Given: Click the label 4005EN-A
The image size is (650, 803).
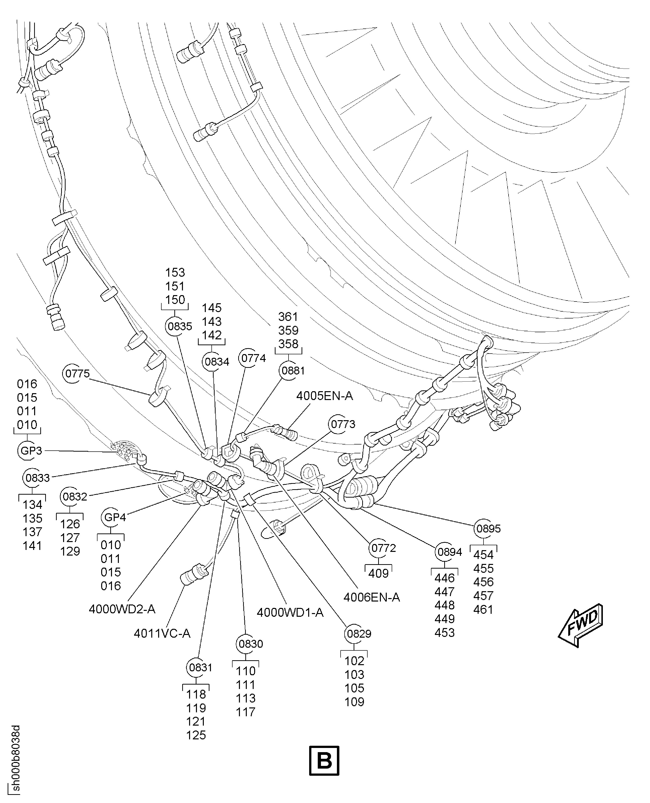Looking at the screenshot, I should tap(324, 396).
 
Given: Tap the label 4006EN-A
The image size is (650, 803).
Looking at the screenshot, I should tap(372, 597).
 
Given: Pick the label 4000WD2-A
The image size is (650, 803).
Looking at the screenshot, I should tap(122, 609).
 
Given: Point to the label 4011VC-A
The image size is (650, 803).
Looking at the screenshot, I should tap(162, 634).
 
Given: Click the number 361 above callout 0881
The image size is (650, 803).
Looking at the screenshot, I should tap(288, 317).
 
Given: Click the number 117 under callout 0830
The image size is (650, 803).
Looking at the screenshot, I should tap(246, 712).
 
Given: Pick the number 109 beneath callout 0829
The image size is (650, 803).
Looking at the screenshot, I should tap(354, 702).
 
